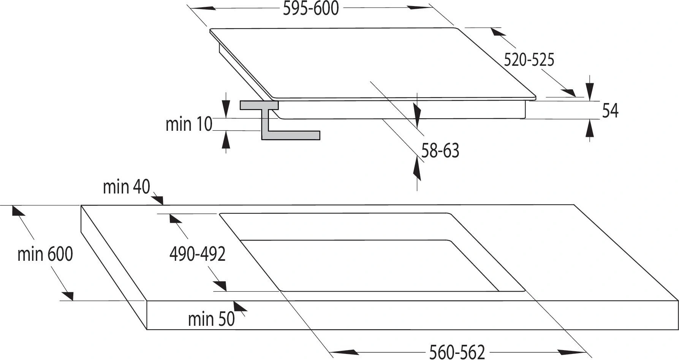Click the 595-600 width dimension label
311,8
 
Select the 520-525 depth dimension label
529,60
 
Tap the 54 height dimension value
610,111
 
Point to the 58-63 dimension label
440,151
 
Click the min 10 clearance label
189,124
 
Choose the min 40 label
127,187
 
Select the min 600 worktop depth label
45,254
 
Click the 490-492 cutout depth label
198,254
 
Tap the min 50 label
211,319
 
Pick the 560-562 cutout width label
457,352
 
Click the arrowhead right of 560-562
572,352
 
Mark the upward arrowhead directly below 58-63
417,169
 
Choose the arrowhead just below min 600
67,295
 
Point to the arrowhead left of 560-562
343,352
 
